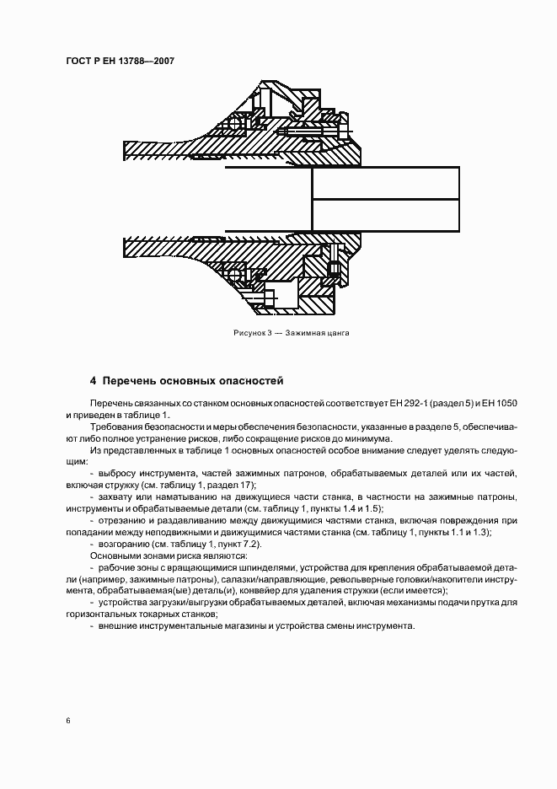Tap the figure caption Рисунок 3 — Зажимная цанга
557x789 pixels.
[x=291, y=333]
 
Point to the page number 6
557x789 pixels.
[x=68, y=720]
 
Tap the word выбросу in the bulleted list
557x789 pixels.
[x=117, y=475]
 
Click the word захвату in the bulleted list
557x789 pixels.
[x=116, y=498]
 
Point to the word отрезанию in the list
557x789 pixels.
[x=122, y=521]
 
